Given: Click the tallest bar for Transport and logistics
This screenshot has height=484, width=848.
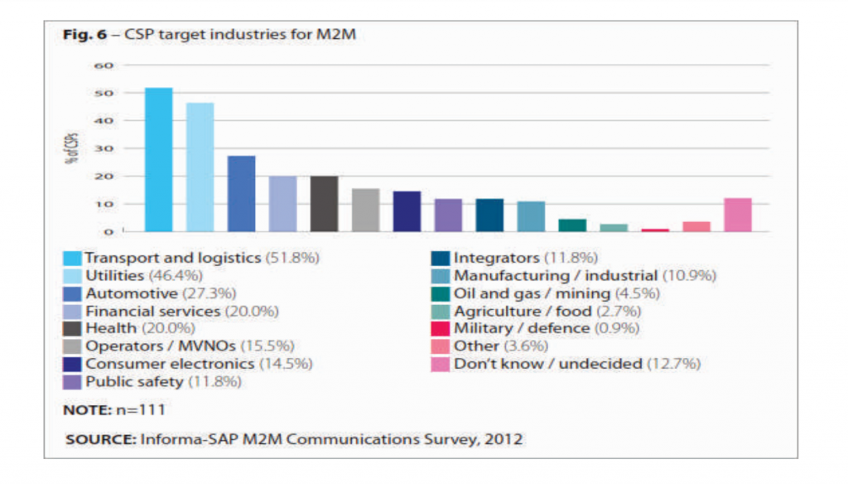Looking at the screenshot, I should point(158,159).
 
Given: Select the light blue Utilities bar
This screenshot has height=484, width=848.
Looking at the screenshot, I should point(200,167).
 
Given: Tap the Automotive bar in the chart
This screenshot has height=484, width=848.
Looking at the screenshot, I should point(241,193).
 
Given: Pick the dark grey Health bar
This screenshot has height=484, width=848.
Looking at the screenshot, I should point(324,204).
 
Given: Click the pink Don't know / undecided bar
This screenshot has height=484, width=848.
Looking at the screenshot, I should point(737,215).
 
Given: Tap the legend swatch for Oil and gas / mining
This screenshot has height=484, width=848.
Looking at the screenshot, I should point(440,293).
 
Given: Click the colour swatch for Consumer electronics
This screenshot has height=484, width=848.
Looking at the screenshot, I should point(72,364).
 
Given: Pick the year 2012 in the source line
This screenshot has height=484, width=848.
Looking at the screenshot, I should point(507,439).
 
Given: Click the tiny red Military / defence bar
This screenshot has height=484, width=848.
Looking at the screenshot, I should point(654,230).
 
